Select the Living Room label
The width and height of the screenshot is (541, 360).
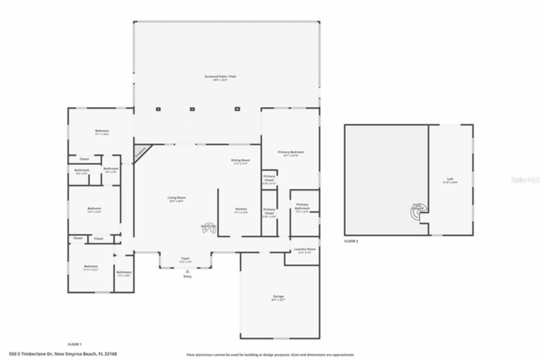(x=177, y=198)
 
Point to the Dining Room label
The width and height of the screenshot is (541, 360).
(x=240, y=161)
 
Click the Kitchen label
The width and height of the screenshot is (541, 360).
(x=241, y=210)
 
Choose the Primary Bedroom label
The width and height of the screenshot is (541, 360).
(x=291, y=152)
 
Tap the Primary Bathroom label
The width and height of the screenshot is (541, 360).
(x=302, y=207)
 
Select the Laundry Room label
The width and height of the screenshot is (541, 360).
(x=305, y=250)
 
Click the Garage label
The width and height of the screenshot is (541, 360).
(x=278, y=297)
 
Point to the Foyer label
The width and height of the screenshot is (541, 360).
(x=186, y=259)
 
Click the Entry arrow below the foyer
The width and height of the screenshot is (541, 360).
(x=187, y=271)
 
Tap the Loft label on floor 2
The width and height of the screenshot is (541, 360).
(x=450, y=179)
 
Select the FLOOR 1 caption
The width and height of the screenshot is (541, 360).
(x=74, y=344)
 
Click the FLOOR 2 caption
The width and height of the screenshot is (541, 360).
(x=351, y=241)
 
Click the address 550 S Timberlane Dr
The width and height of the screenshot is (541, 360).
(x=63, y=354)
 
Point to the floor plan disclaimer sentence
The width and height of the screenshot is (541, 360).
(x=270, y=355)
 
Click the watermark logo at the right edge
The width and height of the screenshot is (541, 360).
(x=525, y=180)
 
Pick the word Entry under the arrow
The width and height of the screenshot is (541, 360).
(x=187, y=276)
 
